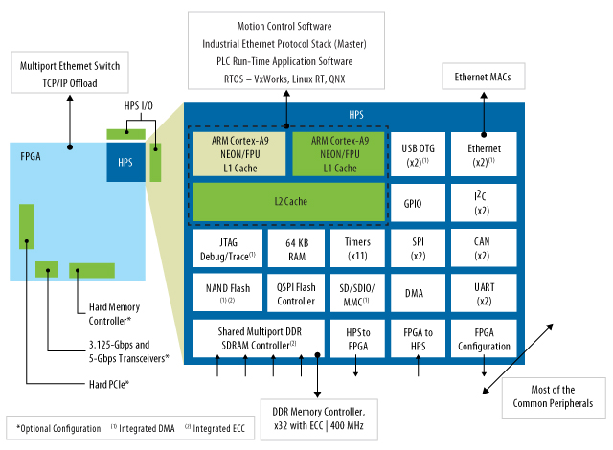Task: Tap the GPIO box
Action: (415, 203)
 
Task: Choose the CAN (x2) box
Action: (482, 248)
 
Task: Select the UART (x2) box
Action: (482, 294)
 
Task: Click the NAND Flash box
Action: (226, 292)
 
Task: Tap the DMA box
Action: (415, 294)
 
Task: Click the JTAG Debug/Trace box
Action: (226, 248)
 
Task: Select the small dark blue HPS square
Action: (125, 163)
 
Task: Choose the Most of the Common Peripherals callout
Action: (552, 396)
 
